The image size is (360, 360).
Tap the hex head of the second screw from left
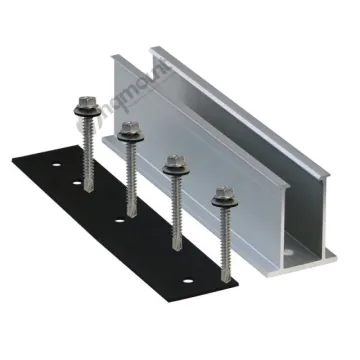(x=128, y=129)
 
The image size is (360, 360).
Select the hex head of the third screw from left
(x=176, y=160)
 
